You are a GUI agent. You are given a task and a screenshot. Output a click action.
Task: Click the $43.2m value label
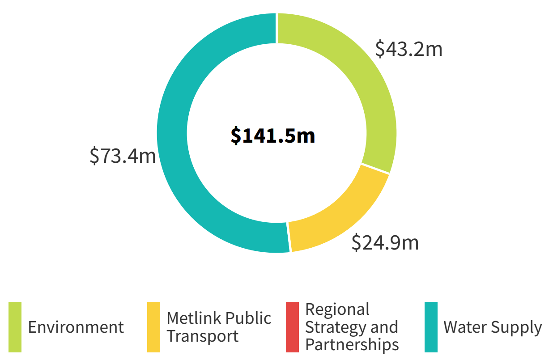pyautogui.click(x=408, y=49)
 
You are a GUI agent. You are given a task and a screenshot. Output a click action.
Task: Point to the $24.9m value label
pyautogui.click(x=385, y=242)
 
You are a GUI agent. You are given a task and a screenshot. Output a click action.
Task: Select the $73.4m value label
pyautogui.click(x=123, y=156)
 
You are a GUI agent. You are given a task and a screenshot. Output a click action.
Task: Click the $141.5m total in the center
pyautogui.click(x=273, y=135)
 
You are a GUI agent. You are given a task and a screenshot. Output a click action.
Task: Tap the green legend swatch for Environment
pyautogui.click(x=15, y=327)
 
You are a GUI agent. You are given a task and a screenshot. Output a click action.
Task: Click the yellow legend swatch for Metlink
pyautogui.click(x=153, y=327)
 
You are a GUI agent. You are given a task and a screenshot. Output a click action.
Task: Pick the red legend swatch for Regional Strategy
pyautogui.click(x=292, y=327)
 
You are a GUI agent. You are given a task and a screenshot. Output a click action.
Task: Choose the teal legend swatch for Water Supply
pyautogui.click(x=431, y=327)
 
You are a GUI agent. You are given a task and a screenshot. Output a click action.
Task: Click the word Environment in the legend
pyautogui.click(x=76, y=327)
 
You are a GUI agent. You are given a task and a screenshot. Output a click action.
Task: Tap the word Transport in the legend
pyautogui.click(x=203, y=336)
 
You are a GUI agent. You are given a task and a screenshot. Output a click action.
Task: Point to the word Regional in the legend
pyautogui.click(x=337, y=309)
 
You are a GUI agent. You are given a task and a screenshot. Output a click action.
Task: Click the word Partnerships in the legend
pyautogui.click(x=352, y=345)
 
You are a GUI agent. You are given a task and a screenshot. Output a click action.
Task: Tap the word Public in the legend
pyautogui.click(x=248, y=318)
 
